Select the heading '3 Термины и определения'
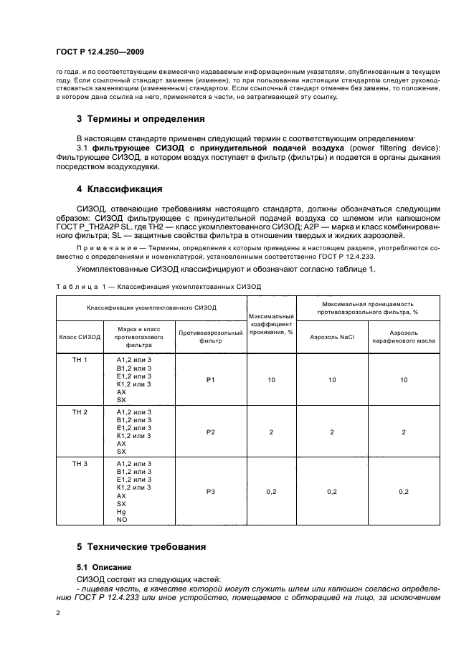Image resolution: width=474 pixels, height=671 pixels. [x=141, y=118]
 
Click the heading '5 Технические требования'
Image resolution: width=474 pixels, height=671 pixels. [x=141, y=547]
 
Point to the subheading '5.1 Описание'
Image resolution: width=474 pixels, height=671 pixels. [x=104, y=566]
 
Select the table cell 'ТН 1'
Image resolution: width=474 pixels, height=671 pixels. [x=80, y=359]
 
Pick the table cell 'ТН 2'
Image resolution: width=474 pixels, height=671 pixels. [x=80, y=413]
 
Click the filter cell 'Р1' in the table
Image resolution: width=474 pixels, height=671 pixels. [x=210, y=380]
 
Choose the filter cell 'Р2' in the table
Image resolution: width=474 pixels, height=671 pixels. [x=210, y=432]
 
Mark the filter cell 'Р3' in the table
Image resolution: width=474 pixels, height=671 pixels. [x=210, y=491]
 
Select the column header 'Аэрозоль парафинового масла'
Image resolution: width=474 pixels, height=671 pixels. [x=404, y=337]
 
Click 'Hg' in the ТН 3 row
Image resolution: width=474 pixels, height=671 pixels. [x=120, y=512]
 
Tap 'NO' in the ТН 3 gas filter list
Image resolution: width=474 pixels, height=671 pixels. [x=121, y=520]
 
